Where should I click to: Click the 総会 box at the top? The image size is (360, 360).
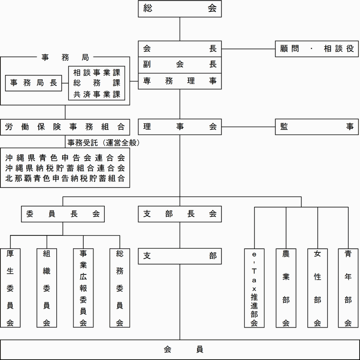point(180,9)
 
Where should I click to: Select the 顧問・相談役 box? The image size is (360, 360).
point(317,49)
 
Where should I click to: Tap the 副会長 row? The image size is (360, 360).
point(180,65)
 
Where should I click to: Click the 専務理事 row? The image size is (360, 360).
point(180,81)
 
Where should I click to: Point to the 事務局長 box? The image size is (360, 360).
point(34,83)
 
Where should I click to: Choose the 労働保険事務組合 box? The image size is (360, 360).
point(65,127)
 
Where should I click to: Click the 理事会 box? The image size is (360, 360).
point(180,127)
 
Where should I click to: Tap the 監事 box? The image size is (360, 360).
point(317,127)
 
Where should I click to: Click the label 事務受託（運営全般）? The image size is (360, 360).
point(104,143)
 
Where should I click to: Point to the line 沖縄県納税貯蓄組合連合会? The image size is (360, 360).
point(65,168)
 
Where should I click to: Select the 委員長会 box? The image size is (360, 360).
point(63,214)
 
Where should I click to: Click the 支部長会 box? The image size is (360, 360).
point(180,214)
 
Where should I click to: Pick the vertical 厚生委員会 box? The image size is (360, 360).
point(10,287)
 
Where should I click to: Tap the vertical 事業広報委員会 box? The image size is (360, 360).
point(83,287)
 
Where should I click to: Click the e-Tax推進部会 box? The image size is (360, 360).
point(254,287)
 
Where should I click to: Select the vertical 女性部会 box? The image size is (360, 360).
point(317,287)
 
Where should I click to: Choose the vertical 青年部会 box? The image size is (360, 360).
point(348,287)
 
